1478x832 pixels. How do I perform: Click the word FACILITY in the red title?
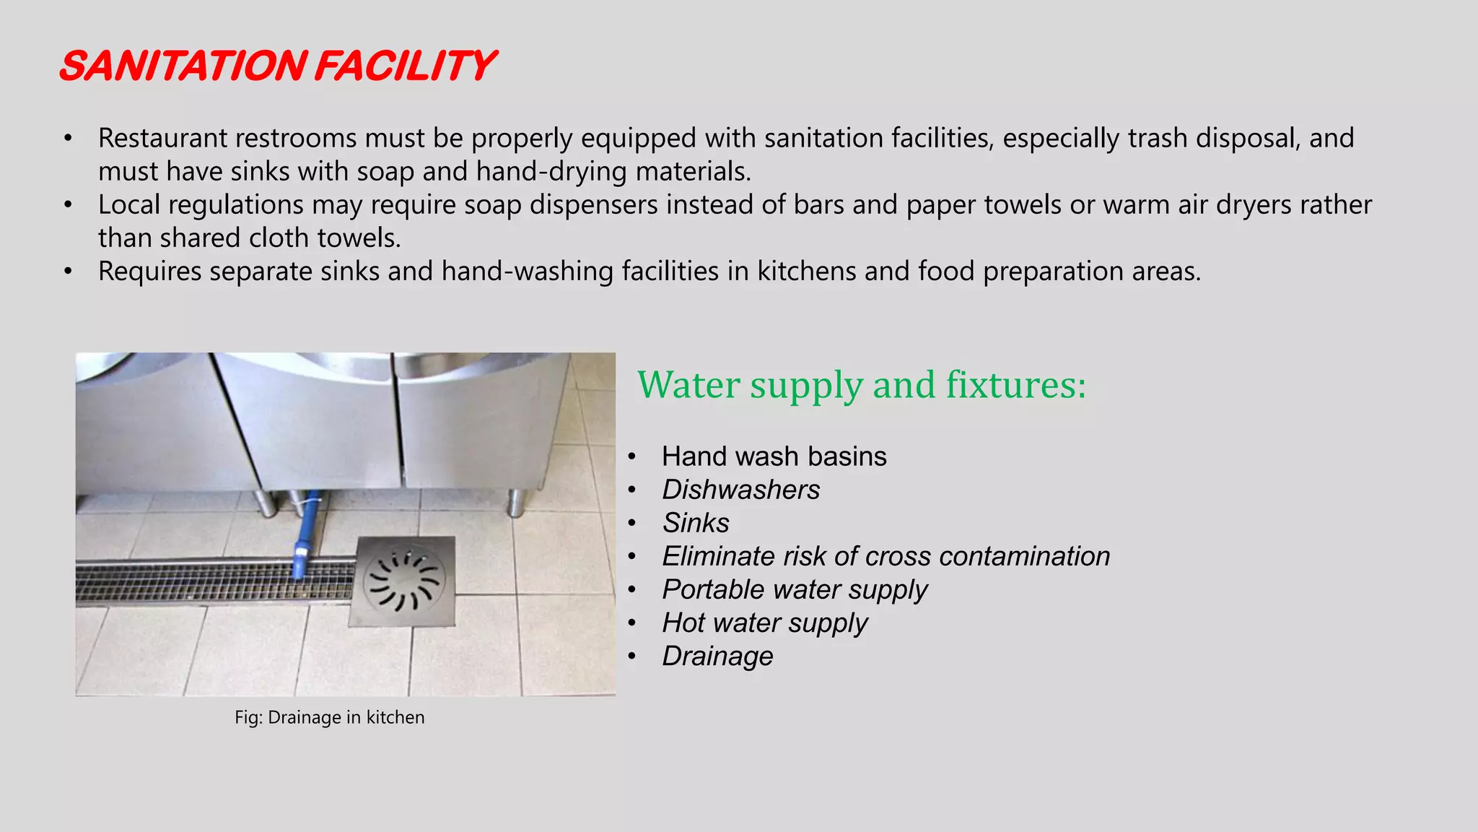tap(404, 66)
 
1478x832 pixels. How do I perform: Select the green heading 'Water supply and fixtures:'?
tap(862, 384)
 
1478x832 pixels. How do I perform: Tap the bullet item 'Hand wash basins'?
tap(774, 456)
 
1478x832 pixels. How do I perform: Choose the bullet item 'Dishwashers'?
tap(740, 490)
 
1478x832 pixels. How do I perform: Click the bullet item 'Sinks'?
tap(696, 523)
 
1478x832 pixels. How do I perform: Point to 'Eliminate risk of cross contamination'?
tap(886, 556)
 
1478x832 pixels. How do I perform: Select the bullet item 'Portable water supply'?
tap(795, 589)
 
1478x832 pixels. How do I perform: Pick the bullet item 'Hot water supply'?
tap(764, 623)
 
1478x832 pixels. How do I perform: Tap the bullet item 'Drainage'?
tap(717, 656)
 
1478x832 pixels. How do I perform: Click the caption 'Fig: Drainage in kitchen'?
tap(330, 717)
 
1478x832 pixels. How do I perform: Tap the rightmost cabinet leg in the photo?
tap(516, 502)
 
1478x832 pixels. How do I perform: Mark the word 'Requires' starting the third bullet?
tap(149, 272)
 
